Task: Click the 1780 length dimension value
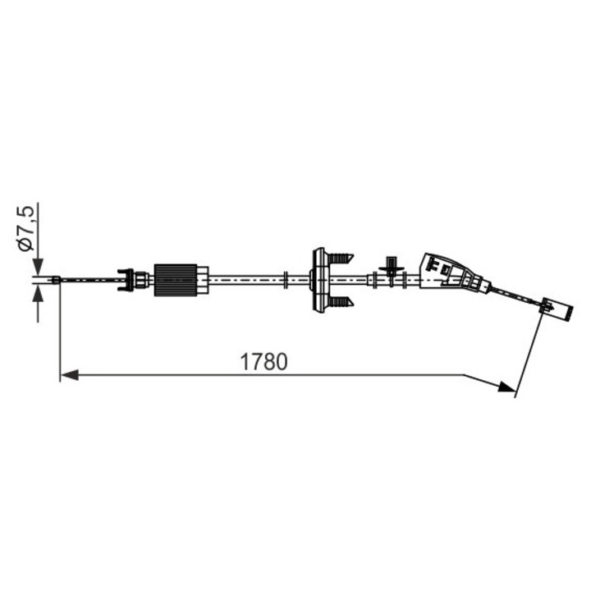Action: (x=263, y=361)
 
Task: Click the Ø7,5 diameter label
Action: (x=25, y=229)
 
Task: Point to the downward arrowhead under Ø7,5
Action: (x=37, y=266)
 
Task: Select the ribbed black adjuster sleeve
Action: (x=175, y=281)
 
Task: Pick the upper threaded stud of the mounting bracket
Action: (x=341, y=259)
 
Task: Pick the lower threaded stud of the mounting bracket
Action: (x=341, y=303)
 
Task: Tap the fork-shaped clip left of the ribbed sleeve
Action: (x=126, y=280)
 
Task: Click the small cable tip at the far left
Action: (x=56, y=280)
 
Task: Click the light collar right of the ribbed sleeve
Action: (x=203, y=281)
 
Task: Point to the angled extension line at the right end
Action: (x=529, y=353)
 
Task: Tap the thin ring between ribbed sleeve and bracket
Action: (x=284, y=281)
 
